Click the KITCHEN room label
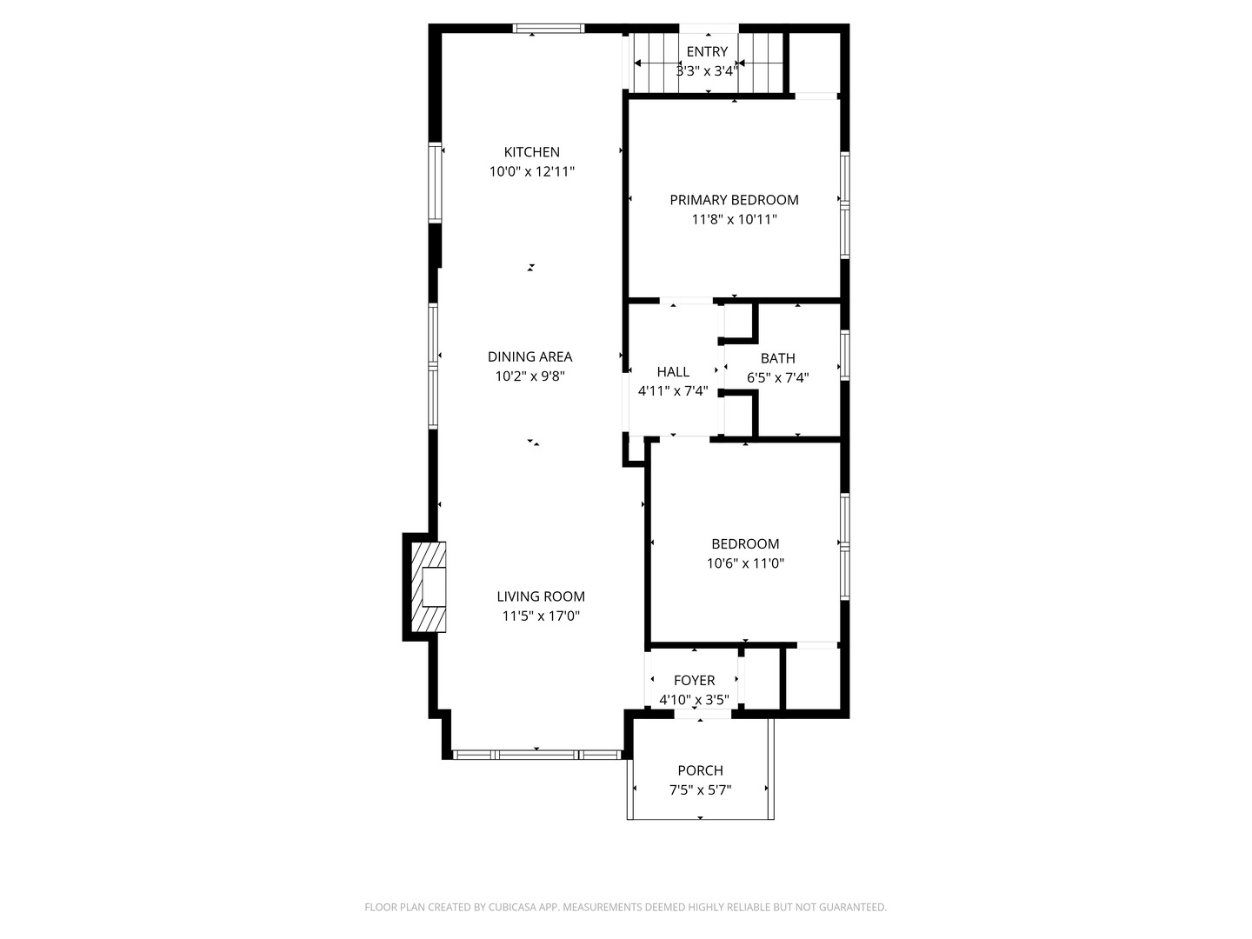coord(531,152)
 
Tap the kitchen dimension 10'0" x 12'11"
coord(531,172)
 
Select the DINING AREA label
coord(529,356)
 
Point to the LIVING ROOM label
coord(541,596)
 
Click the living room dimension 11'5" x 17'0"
coord(541,616)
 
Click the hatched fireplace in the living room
coord(429,588)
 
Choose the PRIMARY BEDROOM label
coord(734,200)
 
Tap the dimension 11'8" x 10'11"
coord(734,220)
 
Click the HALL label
coord(673,372)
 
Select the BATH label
coord(777,358)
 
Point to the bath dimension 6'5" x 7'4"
coord(777,378)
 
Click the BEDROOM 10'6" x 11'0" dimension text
coord(745,563)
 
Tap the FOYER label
coord(694,681)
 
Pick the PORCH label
coord(700,770)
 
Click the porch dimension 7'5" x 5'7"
coord(700,790)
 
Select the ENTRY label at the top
coord(707,52)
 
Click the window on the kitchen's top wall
coord(549,29)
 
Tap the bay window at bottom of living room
coord(537,755)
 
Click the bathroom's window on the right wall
coord(844,355)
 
